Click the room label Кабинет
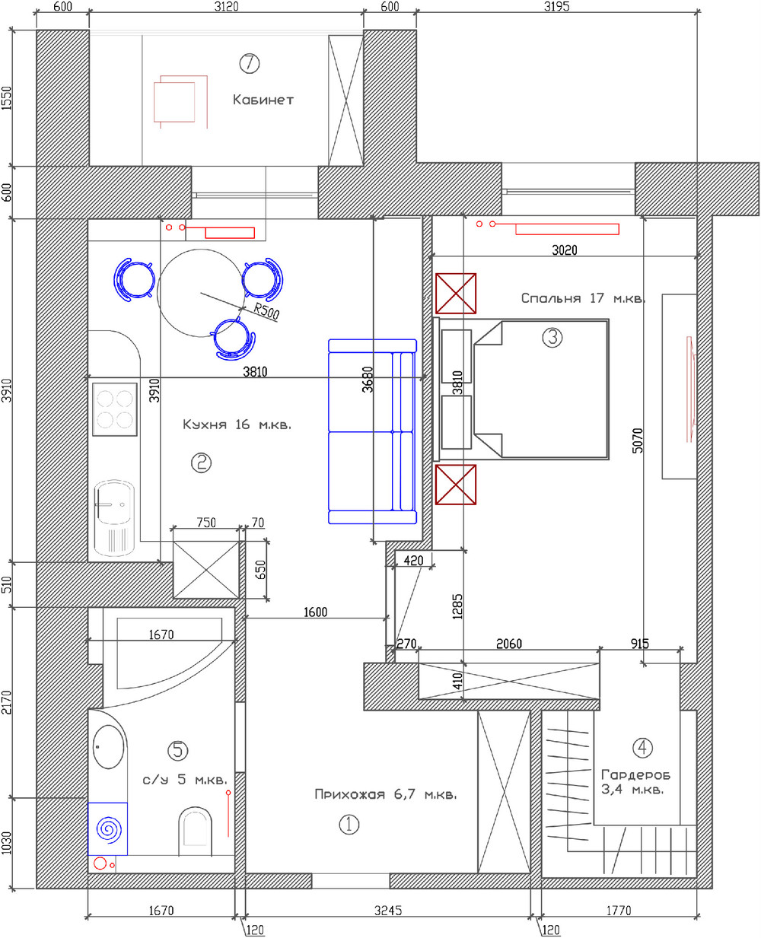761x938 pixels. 263,100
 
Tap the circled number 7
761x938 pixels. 250,63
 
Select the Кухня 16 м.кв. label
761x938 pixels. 237,424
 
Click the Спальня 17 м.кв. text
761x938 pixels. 583,298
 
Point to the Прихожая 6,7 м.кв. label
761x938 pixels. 385,794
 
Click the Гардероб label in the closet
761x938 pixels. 636,774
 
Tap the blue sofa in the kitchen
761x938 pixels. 372,431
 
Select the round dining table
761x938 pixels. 201,293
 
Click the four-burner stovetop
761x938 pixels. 114,409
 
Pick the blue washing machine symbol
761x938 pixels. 108,829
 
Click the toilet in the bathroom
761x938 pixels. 195,831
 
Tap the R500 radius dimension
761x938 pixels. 266,311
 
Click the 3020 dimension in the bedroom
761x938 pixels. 564,250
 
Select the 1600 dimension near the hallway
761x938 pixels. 315,612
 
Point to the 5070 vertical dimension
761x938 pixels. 637,440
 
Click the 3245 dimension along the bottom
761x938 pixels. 388,911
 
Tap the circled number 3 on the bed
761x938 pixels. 552,337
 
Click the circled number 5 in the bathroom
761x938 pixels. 178,750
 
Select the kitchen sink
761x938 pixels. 114,518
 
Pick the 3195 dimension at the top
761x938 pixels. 556,6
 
